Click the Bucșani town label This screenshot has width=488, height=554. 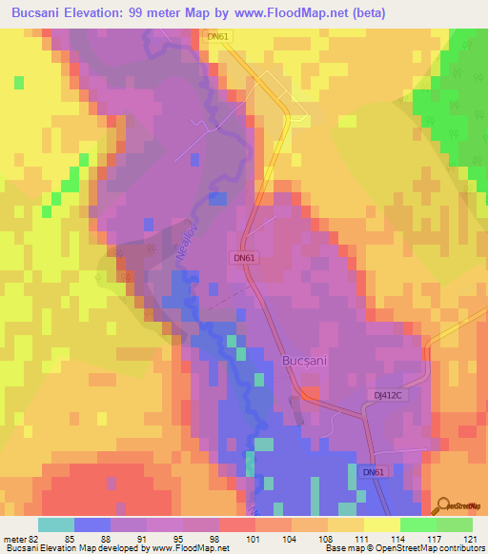point(307,362)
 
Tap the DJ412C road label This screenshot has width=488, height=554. point(390,393)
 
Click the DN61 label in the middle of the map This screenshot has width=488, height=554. point(244,258)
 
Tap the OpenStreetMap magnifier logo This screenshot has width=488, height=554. point(443,505)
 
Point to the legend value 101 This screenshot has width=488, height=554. point(254,539)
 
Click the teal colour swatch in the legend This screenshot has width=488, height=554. point(56,524)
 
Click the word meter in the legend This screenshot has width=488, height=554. point(16,539)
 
